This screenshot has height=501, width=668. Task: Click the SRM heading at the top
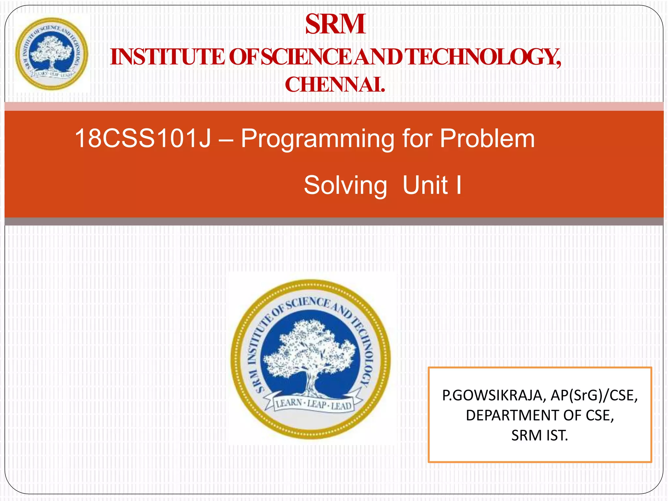point(335,24)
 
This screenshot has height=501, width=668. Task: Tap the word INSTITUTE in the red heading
point(167,57)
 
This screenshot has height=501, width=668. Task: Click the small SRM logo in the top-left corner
point(52,54)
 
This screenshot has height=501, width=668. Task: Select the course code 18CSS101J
point(143,138)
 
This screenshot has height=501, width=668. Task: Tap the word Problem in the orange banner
point(487,138)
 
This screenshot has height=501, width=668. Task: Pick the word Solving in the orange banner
point(345,185)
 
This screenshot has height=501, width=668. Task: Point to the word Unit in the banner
point(425,185)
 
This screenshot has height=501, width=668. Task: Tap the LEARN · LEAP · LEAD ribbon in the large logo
point(313,405)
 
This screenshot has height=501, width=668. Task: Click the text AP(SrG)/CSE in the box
point(594,395)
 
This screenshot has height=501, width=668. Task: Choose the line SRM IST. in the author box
point(539,435)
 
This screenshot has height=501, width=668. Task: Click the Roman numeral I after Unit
point(459,185)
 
